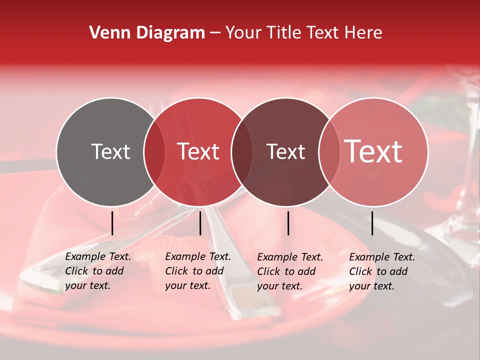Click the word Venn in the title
tap(106, 33)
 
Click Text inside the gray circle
tap(110, 151)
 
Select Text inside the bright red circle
tap(198, 151)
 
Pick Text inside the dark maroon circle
tap(285, 151)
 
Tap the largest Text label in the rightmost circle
tap(373, 151)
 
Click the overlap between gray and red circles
tap(154, 152)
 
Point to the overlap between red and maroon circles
tap(242, 152)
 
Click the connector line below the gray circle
tap(112, 223)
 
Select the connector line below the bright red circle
tap(200, 223)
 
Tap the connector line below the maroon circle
tap(288, 223)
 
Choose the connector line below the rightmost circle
tap(372, 223)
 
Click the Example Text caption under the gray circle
tap(97, 271)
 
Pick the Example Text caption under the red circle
tap(197, 271)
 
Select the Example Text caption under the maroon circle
tap(289, 271)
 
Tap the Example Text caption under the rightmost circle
tap(381, 271)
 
